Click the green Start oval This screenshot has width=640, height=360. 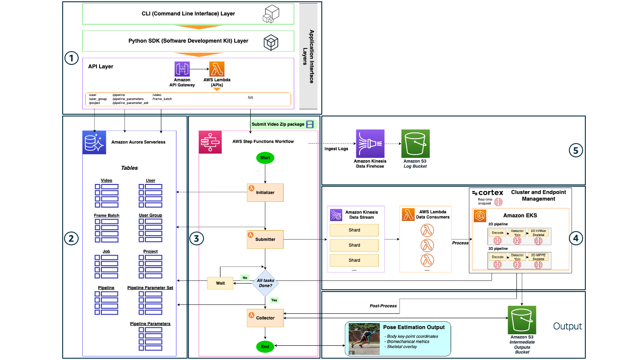[x=265, y=158]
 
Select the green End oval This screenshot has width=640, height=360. [x=265, y=346]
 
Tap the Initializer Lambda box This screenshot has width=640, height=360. [x=265, y=192]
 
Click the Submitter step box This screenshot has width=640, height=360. [x=265, y=239]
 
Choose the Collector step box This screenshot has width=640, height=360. [x=265, y=318]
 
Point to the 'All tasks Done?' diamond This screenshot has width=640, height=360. [x=265, y=283]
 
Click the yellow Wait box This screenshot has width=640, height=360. [x=220, y=283]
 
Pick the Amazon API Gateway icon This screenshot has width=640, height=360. [x=182, y=69]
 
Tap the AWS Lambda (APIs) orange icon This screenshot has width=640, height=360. [x=217, y=69]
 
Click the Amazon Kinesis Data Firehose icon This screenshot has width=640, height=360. [x=370, y=144]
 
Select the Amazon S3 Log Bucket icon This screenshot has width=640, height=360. [x=416, y=144]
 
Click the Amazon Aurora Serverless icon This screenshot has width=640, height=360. [x=94, y=142]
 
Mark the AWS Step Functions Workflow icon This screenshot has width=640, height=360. [x=210, y=142]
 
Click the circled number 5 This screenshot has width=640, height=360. [x=576, y=150]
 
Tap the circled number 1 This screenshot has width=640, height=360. [x=71, y=58]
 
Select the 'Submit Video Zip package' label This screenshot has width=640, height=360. [x=278, y=124]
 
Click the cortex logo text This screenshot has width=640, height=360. [x=488, y=192]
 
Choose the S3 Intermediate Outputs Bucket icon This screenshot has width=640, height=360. [x=522, y=320]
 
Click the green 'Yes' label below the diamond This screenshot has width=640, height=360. [x=274, y=300]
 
